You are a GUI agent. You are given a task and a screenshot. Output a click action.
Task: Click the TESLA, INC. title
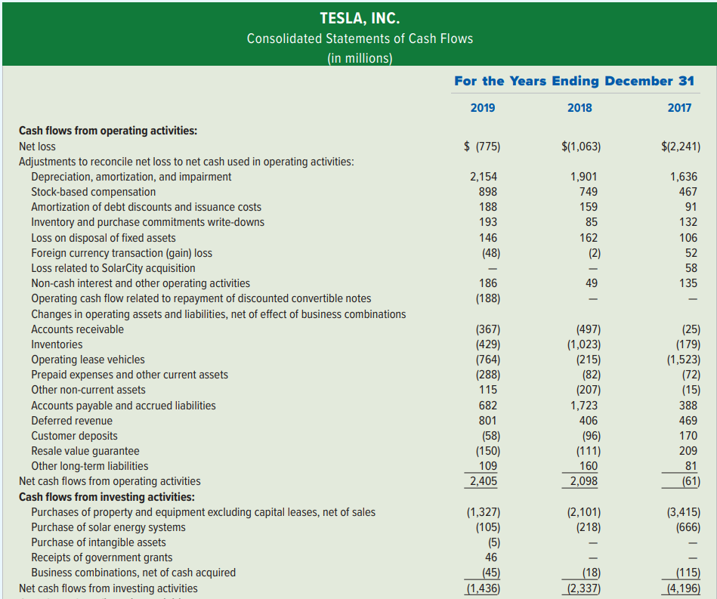360,17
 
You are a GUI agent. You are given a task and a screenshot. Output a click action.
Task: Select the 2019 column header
483,108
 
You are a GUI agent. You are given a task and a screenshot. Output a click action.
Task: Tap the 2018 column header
579,108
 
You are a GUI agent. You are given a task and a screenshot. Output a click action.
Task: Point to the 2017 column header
679,108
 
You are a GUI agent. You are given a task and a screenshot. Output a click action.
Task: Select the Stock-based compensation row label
93,192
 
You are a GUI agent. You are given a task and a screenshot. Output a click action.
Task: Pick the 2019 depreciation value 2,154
483,177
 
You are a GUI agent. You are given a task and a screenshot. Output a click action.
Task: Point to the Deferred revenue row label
71,421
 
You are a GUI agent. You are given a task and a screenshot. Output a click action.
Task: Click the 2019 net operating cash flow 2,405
483,481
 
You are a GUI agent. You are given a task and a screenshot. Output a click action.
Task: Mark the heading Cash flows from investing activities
107,497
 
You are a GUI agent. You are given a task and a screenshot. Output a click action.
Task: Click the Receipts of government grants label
101,557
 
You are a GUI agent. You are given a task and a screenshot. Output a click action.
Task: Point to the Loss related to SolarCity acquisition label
113,268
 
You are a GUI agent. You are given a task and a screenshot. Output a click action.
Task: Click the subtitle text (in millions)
360,59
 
